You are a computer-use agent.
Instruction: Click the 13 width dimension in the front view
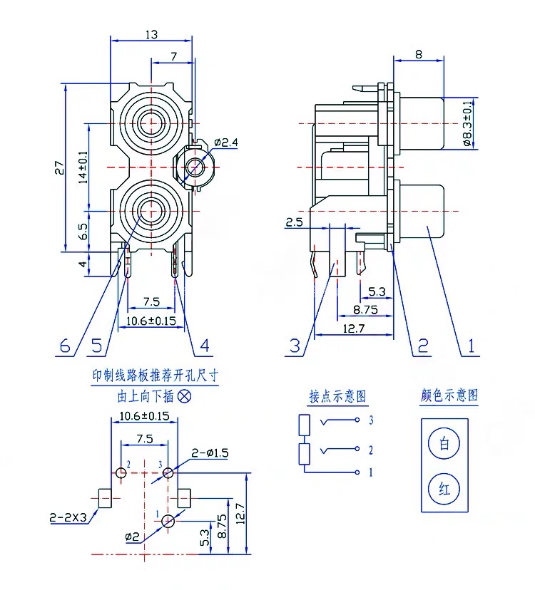[x=151, y=33]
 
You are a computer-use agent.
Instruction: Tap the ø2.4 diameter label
[x=226, y=143]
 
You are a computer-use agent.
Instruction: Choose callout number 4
[x=205, y=346]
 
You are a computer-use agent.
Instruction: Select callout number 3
[x=295, y=346]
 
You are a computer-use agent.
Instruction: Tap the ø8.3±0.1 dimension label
[x=467, y=123]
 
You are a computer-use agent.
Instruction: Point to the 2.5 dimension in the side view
[x=294, y=223]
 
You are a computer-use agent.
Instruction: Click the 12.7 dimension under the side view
[x=354, y=328]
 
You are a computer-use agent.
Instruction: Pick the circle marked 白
[x=444, y=444]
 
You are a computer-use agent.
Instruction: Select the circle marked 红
[x=444, y=489]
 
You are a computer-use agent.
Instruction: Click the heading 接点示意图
[x=337, y=396]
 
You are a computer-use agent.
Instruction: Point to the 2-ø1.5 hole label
[x=210, y=453]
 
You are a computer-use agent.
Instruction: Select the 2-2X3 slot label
[x=68, y=518]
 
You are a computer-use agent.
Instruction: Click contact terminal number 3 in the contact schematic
[x=371, y=420]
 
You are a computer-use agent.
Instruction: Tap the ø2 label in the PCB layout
[x=132, y=536]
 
